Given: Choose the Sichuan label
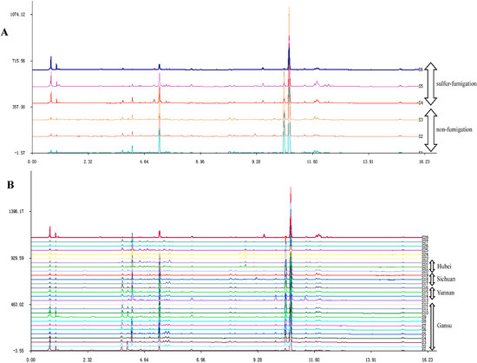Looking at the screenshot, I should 447,279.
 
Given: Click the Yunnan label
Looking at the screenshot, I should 447,293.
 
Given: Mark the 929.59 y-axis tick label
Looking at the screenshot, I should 15,258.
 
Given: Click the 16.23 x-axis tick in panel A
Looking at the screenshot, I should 422,161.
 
